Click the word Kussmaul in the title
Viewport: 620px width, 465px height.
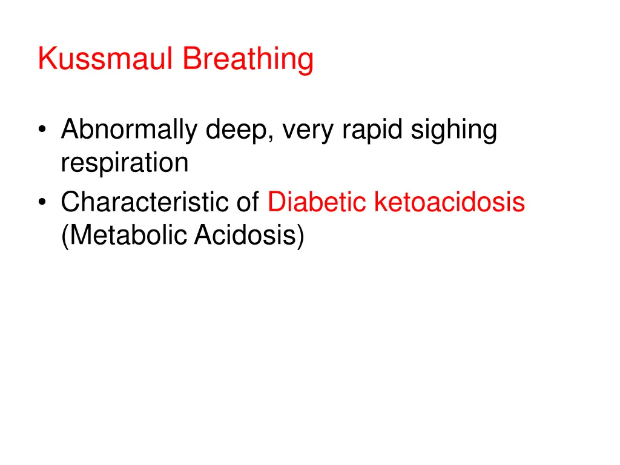coord(106,59)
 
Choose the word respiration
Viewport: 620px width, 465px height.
coord(125,163)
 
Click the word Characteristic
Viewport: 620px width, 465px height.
coord(146,202)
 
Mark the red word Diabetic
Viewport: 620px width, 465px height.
coord(318,202)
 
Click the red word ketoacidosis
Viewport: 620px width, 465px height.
coord(449,202)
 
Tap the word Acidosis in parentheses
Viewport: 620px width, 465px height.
coord(246,234)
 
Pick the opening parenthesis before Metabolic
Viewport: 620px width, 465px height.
coord(64,235)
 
